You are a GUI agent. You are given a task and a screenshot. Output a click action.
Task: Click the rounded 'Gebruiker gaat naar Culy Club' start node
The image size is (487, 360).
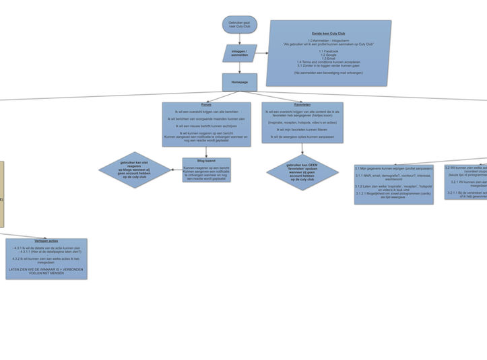tap(239, 25)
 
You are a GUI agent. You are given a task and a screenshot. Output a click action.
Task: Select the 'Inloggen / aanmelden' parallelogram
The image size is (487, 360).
tap(239, 53)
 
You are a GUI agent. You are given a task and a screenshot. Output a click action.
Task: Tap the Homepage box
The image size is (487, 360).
tap(239, 82)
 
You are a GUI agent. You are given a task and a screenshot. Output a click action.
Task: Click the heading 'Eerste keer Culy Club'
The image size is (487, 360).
tap(329, 33)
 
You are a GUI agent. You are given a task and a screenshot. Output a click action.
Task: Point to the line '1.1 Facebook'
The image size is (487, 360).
tap(329, 51)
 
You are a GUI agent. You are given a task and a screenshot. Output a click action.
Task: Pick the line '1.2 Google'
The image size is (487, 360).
tap(329, 55)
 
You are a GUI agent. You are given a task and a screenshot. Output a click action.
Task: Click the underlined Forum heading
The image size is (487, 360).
tap(206, 105)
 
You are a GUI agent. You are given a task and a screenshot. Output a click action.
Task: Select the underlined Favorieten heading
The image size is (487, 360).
tap(302, 105)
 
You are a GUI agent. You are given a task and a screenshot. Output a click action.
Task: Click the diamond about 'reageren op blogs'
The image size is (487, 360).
tap(135, 170)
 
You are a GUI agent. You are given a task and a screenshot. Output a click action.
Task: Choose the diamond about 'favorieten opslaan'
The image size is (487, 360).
tap(302, 172)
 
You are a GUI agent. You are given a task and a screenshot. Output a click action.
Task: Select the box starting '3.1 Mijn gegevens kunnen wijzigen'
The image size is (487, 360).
tap(394, 184)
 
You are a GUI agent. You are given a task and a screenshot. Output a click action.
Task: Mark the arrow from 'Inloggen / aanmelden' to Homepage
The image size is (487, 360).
tap(239, 68)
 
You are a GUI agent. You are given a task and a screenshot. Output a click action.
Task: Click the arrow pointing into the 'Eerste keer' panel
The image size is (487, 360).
tap(263, 53)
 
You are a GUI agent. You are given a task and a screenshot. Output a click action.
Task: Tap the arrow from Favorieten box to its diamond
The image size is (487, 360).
tap(302, 149)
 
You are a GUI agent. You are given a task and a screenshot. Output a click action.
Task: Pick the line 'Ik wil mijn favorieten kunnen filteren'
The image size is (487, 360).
tap(302, 129)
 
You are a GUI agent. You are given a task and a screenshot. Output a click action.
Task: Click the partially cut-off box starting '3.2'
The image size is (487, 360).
tap(466, 182)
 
